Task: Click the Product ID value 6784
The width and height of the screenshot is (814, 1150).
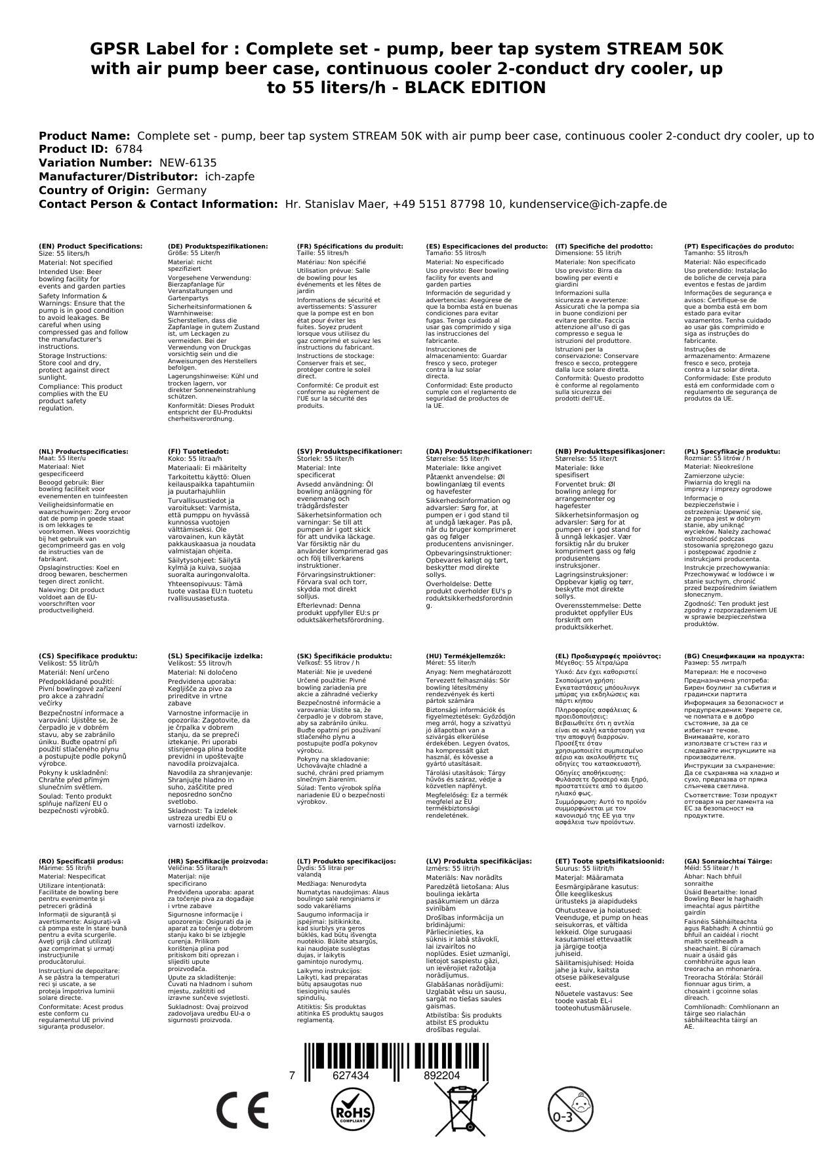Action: (x=129, y=149)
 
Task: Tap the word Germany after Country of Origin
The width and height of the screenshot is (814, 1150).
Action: (x=181, y=190)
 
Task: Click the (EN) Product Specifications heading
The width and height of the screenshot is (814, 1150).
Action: (x=91, y=247)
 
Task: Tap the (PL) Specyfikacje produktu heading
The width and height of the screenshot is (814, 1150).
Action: (x=732, y=452)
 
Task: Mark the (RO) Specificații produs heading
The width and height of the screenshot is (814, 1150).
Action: (x=81, y=862)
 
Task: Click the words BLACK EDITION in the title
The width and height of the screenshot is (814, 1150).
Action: (x=475, y=88)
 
